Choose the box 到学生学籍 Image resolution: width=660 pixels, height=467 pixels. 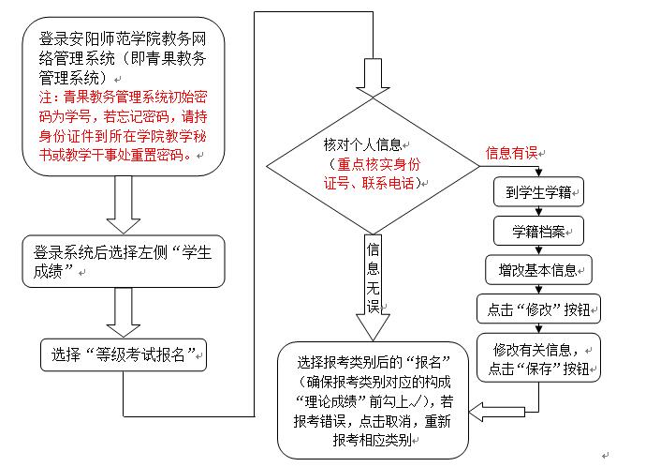click(538, 192)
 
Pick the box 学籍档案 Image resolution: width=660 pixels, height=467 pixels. click(538, 230)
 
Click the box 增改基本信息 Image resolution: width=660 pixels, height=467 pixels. click(538, 269)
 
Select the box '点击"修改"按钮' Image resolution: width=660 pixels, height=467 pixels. click(538, 309)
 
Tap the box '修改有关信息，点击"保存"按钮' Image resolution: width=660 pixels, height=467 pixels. click(537, 358)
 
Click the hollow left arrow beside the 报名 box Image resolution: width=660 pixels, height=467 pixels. click(487, 408)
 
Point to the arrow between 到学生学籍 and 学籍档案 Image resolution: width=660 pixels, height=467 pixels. click(538, 211)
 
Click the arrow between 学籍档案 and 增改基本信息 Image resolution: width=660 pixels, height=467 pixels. click(538, 249)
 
